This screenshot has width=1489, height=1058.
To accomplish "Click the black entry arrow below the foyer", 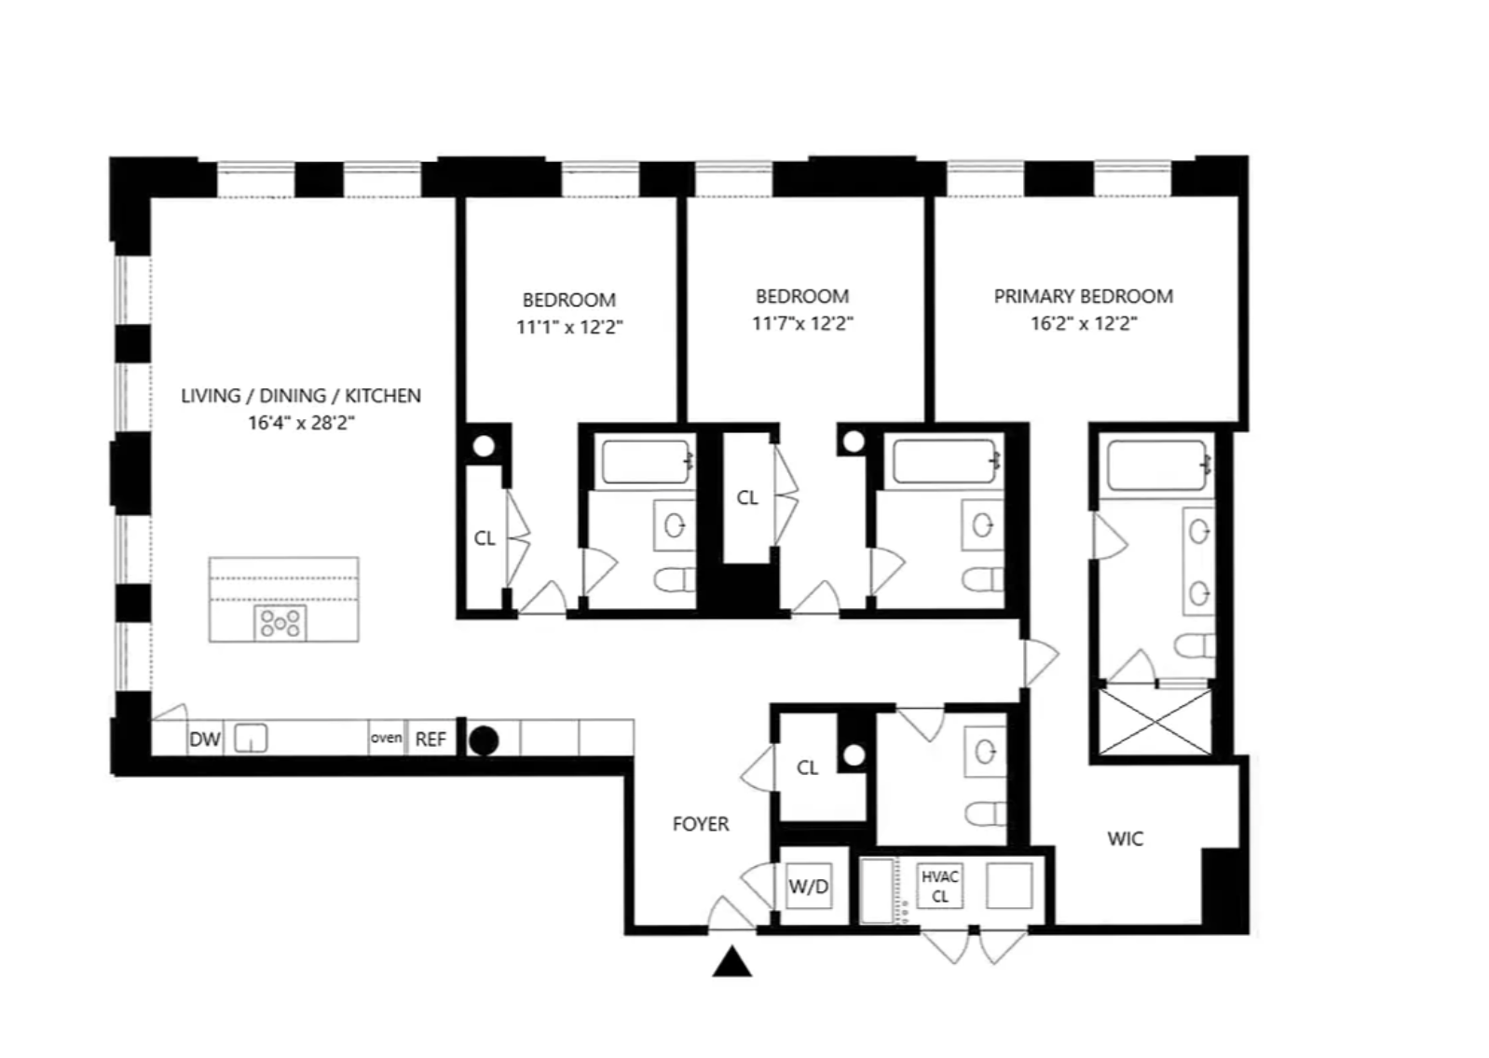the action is tap(731, 961).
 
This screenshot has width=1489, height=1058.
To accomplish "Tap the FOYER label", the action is tap(701, 824).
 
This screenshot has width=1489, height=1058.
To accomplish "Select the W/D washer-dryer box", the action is tap(809, 886).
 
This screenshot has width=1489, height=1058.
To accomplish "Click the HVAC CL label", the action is tap(940, 887).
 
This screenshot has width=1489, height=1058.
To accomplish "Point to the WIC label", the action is tap(1126, 839).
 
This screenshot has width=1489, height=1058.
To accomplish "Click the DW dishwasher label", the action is tap(205, 739).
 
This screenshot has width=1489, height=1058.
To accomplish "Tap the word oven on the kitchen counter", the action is tap(386, 738).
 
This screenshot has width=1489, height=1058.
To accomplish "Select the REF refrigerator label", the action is tap(430, 739).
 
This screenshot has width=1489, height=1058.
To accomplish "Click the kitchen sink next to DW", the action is tap(252, 739).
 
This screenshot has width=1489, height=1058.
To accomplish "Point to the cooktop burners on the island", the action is tap(280, 623).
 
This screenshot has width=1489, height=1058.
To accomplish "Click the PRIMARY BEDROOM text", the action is tap(1084, 296).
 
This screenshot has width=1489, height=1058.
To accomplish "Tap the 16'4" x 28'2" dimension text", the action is tap(301, 423).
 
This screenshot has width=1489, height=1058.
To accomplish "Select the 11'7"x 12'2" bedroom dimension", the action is tap(802, 324).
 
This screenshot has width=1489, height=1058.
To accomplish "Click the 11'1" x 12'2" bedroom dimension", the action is tap(569, 327).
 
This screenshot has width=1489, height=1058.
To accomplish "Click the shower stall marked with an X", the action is tap(1155, 722).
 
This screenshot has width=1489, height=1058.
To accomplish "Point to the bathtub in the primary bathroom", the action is tap(1156, 465).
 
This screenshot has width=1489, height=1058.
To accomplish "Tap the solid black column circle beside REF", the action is tap(484, 741).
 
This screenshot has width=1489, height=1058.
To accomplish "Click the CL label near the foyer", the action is tap(807, 768).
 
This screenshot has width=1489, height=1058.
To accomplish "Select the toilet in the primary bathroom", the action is tap(1195, 646).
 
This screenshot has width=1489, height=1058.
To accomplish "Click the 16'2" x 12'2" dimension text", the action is tap(1084, 324).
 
